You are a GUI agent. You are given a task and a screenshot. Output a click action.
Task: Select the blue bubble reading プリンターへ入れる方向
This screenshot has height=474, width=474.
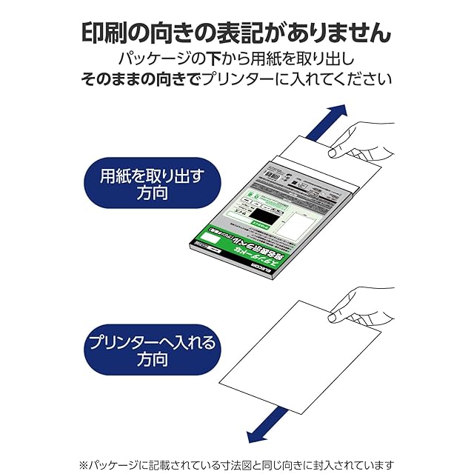(152, 351)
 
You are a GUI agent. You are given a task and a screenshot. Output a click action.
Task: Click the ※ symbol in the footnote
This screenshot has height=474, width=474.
(85, 464)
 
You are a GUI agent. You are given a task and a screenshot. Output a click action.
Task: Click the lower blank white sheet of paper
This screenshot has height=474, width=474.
(296, 355)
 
